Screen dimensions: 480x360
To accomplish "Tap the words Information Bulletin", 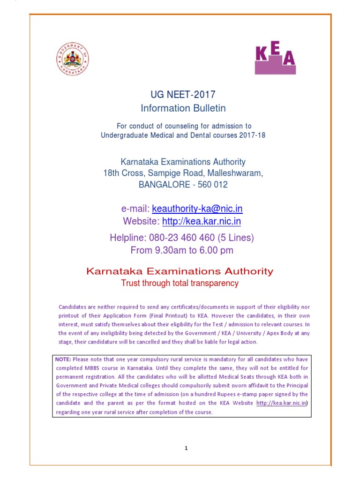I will tap(183, 108).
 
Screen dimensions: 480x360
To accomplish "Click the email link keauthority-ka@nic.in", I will tap(197, 209).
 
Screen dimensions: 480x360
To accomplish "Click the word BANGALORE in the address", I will tap(163, 185).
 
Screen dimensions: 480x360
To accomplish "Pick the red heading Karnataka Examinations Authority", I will tap(179, 271).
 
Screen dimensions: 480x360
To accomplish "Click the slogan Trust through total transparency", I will tap(180, 283).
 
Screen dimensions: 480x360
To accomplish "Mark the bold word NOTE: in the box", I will tap(63, 359).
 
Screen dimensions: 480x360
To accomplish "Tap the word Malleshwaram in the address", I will tap(238, 173).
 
